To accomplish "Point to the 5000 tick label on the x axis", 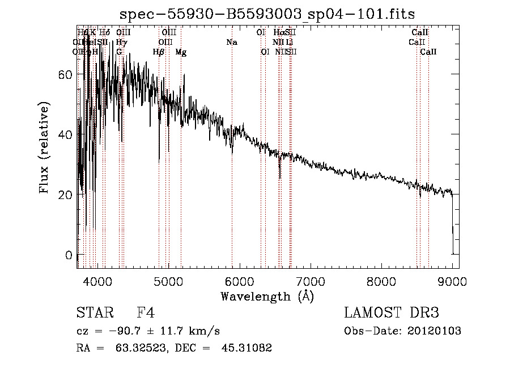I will point(168,281).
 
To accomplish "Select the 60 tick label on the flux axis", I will point(65,75).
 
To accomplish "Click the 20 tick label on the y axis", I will point(65,194).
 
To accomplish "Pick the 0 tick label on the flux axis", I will point(69,255).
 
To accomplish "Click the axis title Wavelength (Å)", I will point(267,296).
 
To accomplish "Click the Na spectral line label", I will point(231,43).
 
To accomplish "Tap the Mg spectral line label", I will point(181,52).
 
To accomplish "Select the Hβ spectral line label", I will point(159,52).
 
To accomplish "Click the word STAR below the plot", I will point(93,314).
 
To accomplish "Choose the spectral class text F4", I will point(146,314).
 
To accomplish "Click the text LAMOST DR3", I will point(391,314).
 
